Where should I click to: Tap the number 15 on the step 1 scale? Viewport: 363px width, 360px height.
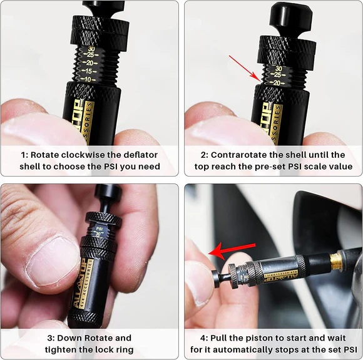pos(90,71)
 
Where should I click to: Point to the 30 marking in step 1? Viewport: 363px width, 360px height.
pos(91,48)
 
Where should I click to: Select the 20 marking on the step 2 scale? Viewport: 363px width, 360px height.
pos(275,82)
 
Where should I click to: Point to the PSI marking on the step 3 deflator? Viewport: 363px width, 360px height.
pos(99,229)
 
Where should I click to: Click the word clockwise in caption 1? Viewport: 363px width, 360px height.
pos(78,155)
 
